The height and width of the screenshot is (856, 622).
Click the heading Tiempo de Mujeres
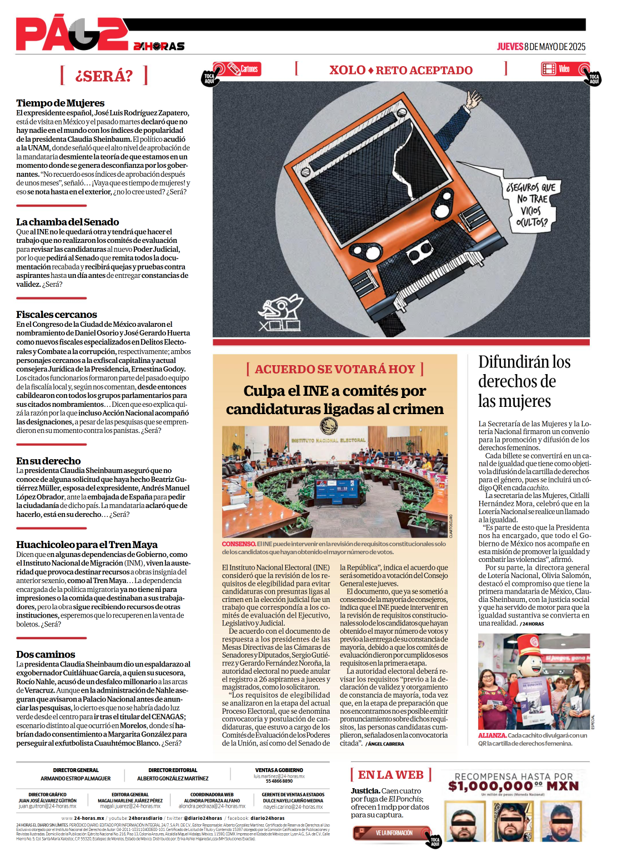pyautogui.click(x=60, y=103)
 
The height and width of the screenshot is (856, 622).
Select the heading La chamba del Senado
pyautogui.click(x=67, y=222)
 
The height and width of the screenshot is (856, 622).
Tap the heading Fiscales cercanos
pyautogui.click(x=56, y=315)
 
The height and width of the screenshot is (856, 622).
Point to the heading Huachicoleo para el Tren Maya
pyautogui.click(x=87, y=545)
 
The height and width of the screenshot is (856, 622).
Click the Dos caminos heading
pyautogui.click(x=46, y=654)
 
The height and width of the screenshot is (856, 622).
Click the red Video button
pyautogui.click(x=558, y=69)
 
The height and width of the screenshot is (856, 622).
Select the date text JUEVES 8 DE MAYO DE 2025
pyautogui.click(x=541, y=47)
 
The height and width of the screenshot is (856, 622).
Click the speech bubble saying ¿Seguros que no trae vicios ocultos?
pyautogui.click(x=531, y=205)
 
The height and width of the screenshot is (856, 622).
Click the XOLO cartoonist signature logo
pyautogui.click(x=280, y=315)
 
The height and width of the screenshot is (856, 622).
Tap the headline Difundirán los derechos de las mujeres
pyautogui.click(x=524, y=381)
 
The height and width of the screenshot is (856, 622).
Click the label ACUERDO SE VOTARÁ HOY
pyautogui.click(x=335, y=369)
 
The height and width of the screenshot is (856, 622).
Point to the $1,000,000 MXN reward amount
pyautogui.click(x=513, y=786)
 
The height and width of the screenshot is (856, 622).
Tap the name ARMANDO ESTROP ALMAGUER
pyautogui.click(x=76, y=779)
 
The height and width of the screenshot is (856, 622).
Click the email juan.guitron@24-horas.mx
pyautogui.click(x=47, y=806)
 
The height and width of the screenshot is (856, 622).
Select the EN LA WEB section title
pyautogui.click(x=390, y=775)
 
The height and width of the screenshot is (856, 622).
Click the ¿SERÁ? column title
pyautogui.click(x=104, y=76)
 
